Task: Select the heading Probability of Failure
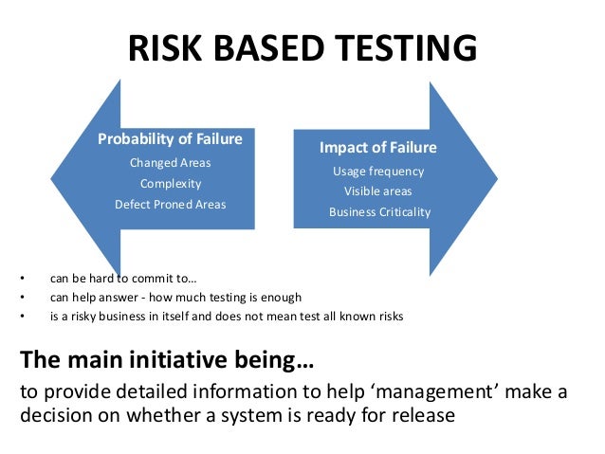point(171,139)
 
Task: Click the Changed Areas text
point(171,163)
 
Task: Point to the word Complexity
point(171,183)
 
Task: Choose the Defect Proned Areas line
point(171,204)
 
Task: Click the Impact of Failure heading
point(378,148)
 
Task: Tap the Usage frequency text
point(378,172)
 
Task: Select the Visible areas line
point(378,191)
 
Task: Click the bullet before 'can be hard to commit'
point(22,279)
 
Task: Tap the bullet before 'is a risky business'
point(22,317)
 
